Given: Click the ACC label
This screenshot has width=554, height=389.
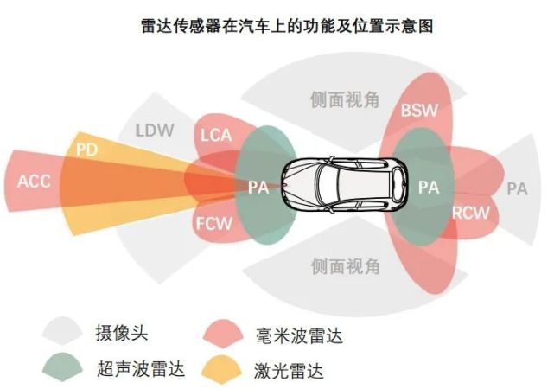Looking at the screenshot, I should [x=34, y=181].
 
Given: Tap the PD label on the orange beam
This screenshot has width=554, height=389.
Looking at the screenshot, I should [x=86, y=149].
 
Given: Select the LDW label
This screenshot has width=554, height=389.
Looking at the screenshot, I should [x=155, y=131].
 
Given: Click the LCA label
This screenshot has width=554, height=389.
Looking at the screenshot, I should [x=215, y=135].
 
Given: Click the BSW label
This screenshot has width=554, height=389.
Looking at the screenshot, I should [x=420, y=111].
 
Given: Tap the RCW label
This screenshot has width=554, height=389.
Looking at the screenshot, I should [x=470, y=213].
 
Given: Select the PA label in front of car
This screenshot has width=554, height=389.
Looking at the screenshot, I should [x=258, y=187].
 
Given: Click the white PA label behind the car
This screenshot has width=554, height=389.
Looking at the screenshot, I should [x=430, y=187].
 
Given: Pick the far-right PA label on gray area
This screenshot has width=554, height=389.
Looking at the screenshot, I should [x=517, y=188].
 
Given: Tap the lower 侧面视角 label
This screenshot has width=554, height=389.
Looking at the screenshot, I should [x=345, y=266].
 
